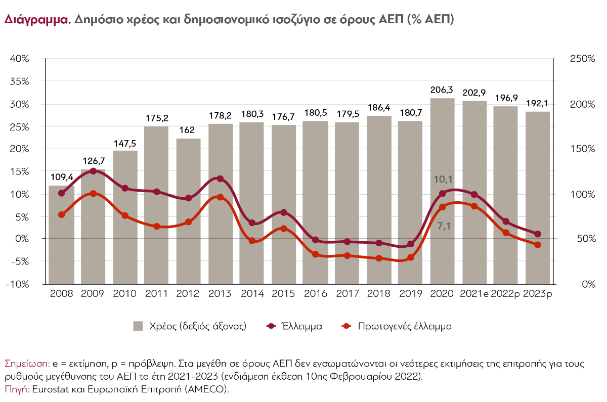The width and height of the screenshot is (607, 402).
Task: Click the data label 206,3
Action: [x=442, y=90]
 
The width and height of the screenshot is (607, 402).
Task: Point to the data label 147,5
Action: [x=125, y=143]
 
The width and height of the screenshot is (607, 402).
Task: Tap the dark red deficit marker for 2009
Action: [x=93, y=171]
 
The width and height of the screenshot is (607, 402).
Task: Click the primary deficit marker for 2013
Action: [x=220, y=197]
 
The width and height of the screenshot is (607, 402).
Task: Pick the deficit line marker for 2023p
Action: [x=538, y=234]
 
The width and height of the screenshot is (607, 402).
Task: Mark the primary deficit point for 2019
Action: [x=411, y=257]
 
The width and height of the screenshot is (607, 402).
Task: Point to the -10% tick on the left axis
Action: [x=18, y=284]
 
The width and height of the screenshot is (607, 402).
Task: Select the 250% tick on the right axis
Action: [x=582, y=59]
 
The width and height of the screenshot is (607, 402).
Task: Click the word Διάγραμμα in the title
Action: [x=36, y=20]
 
